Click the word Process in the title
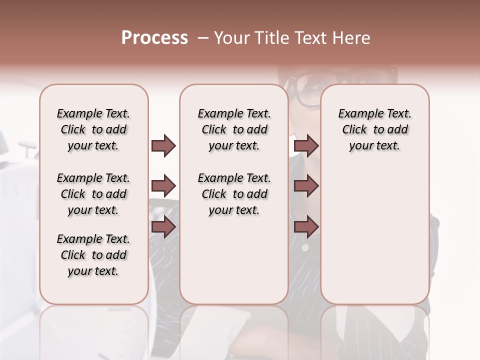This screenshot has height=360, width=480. pyautogui.click(x=154, y=38)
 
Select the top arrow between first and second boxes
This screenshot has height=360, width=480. pyautogui.click(x=163, y=145)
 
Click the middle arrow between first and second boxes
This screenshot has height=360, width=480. pyautogui.click(x=163, y=186)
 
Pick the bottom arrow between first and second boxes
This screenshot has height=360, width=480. pyautogui.click(x=163, y=227)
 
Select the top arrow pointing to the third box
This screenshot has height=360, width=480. pyautogui.click(x=306, y=145)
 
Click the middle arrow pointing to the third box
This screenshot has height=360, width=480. pyautogui.click(x=306, y=186)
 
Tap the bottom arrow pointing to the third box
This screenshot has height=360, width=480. pyautogui.click(x=306, y=227)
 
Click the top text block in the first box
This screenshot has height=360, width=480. pyautogui.click(x=93, y=129)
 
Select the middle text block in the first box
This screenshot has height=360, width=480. pyautogui.click(x=93, y=194)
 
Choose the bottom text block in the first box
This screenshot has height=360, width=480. pyautogui.click(x=93, y=255)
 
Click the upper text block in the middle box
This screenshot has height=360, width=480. pyautogui.click(x=234, y=129)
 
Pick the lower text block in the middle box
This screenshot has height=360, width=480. pyautogui.click(x=234, y=194)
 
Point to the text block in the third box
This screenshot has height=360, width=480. pyautogui.click(x=374, y=129)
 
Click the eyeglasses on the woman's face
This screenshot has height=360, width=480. pyautogui.click(x=310, y=85)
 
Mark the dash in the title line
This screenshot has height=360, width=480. pyautogui.click(x=202, y=38)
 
